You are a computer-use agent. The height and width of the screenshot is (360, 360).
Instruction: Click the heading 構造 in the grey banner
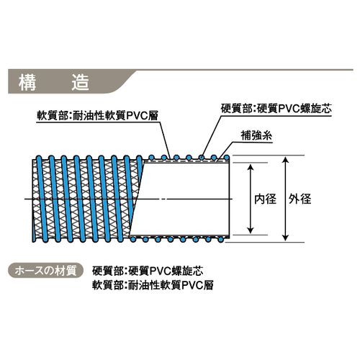(54, 82)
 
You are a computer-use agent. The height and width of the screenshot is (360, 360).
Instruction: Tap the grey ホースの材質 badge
(45, 271)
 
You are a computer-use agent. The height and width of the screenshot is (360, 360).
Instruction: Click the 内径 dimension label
(265, 199)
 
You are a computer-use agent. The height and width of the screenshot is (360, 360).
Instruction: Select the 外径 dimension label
(300, 199)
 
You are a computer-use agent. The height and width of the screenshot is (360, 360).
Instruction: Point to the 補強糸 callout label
(256, 136)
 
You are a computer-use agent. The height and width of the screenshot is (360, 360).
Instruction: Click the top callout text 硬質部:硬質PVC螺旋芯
(276, 109)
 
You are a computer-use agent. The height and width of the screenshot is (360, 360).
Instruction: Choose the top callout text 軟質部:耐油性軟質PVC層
(97, 116)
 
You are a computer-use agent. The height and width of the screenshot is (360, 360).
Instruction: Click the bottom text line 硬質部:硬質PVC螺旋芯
(148, 271)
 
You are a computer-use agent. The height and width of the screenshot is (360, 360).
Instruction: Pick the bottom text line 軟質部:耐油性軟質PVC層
(153, 285)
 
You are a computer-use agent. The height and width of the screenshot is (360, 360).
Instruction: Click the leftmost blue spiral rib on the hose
(41, 199)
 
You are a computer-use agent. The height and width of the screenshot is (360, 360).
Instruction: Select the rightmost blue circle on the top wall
(226, 158)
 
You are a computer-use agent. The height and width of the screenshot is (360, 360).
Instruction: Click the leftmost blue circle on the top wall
(151, 158)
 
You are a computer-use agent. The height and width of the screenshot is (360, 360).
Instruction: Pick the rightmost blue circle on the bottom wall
(221, 239)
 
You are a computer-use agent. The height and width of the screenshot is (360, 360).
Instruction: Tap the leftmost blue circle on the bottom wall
(132, 239)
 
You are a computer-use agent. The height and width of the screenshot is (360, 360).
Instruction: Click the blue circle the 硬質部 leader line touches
(202, 158)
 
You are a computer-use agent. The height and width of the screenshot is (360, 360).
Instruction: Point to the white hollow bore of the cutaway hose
(182, 199)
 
